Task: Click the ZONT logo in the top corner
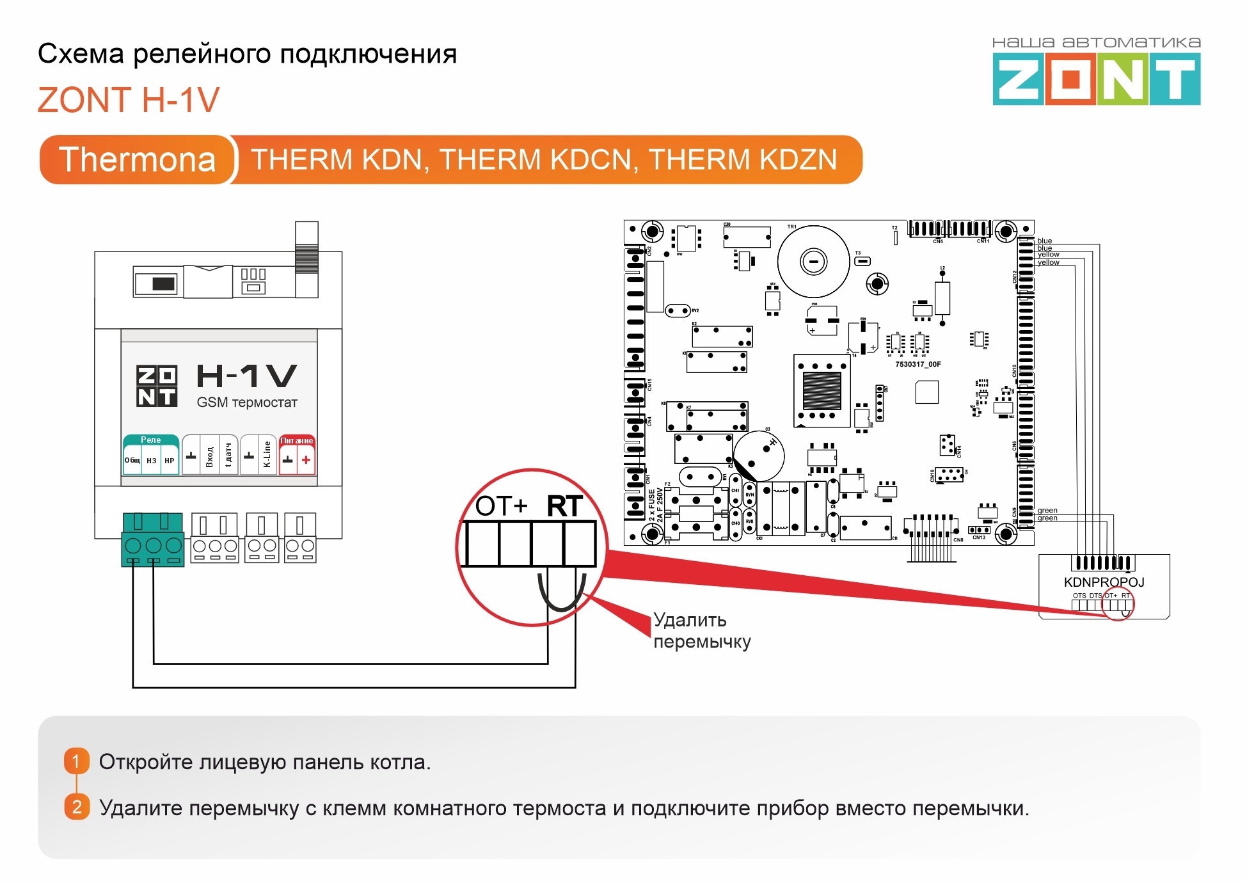pos(1096,78)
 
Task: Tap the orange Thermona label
pos(137,159)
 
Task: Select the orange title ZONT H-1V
pos(129,100)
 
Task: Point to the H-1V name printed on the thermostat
pos(246,376)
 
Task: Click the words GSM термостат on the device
pos(247,402)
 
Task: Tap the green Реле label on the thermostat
pos(150,440)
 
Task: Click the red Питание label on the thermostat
pos(297,441)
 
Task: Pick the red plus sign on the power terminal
pos(306,460)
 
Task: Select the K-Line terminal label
pos(267,454)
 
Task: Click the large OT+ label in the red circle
pos(501,506)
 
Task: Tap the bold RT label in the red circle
pos(564,506)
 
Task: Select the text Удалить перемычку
pos(701,631)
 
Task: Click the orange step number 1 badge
pos(76,761)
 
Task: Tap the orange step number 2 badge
pos(76,807)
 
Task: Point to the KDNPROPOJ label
pos(1104,582)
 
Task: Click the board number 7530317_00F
pos(917,364)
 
